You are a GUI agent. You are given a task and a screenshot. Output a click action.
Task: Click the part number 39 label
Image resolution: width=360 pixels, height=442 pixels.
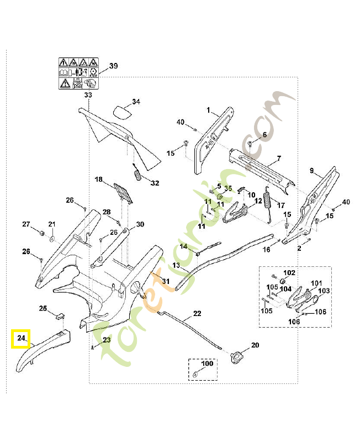113,66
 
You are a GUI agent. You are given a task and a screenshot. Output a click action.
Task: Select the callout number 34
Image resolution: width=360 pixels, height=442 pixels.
136,102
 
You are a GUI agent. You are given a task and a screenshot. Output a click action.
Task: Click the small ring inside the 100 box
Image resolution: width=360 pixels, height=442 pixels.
195,375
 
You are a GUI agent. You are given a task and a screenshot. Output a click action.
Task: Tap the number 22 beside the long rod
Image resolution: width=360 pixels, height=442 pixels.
197,313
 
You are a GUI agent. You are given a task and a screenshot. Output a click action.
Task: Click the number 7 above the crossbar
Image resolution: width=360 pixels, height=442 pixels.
279,158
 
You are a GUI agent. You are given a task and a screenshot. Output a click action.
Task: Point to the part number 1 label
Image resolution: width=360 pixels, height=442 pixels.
209,110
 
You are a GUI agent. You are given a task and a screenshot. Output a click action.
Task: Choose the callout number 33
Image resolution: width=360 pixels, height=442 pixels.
88,96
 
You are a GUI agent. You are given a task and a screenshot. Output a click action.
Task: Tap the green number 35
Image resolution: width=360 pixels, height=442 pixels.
228,188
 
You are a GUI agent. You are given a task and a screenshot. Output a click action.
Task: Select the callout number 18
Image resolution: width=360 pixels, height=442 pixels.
98,180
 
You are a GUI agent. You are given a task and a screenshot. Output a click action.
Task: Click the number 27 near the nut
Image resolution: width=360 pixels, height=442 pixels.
26,224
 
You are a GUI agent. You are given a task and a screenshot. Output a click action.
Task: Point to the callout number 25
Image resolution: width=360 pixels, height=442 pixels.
43,308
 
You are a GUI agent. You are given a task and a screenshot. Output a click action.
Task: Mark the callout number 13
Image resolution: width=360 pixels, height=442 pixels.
176,266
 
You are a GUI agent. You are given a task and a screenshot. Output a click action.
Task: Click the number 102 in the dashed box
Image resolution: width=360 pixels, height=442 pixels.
289,273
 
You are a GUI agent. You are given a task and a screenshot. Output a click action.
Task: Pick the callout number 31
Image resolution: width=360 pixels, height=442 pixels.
166,281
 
